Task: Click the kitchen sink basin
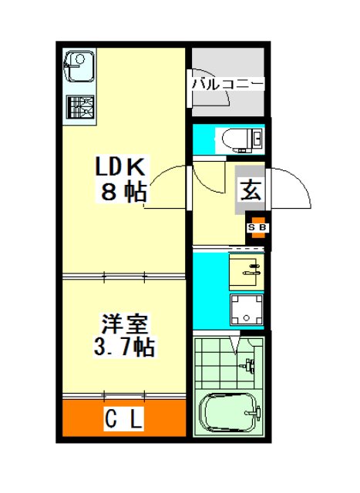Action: (79, 67)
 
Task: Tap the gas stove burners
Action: (80, 107)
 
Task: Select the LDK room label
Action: (120, 166)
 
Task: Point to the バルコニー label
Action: (228, 84)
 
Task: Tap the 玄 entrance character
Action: (251, 190)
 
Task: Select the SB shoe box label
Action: (257, 227)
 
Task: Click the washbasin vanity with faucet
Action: (246, 272)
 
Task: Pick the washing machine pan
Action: (247, 310)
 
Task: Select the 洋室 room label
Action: (124, 324)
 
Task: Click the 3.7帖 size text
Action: (124, 347)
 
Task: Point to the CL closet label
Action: (123, 418)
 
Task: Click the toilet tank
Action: (257, 138)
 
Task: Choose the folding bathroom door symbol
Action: (235, 345)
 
